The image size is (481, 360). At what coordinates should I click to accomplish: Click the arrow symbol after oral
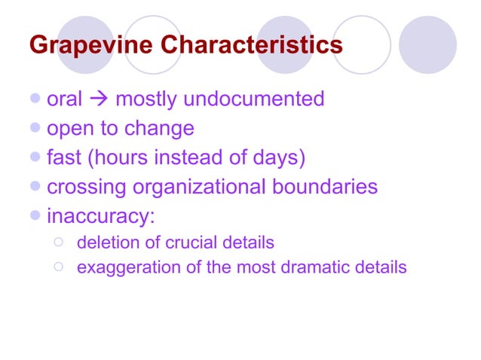[x=98, y=99]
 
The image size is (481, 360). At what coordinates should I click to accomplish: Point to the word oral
[x=64, y=99]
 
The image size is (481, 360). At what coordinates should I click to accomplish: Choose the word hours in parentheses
[x=122, y=158]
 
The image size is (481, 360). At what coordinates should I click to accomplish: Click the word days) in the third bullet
[x=278, y=158]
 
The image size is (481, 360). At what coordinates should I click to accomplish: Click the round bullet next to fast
[x=38, y=158]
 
